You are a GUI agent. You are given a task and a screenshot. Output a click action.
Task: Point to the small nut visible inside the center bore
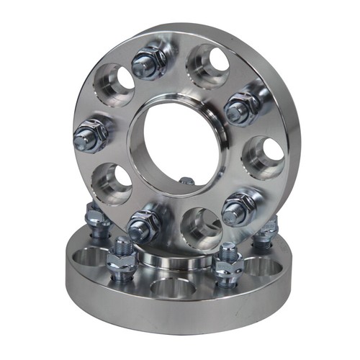[186, 181]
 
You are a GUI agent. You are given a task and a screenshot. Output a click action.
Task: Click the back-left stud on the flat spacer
[95, 216]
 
